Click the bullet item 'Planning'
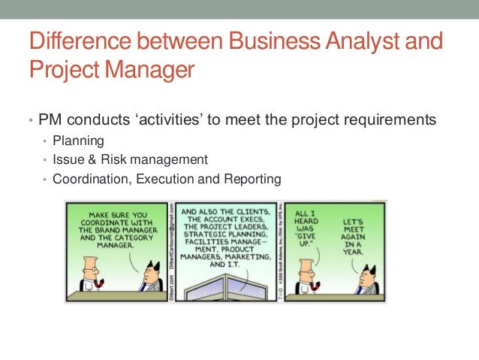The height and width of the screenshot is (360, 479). (74, 140)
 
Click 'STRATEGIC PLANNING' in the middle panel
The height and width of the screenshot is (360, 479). (224, 233)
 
